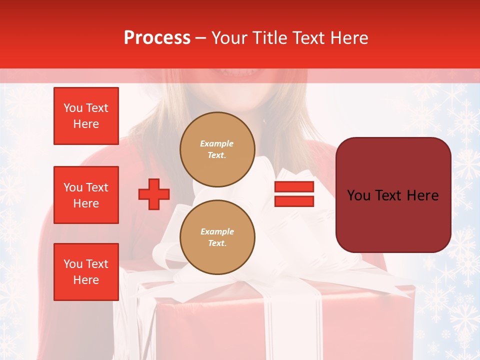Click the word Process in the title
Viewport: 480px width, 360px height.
click(x=157, y=38)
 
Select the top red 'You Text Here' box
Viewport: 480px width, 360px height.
click(x=86, y=116)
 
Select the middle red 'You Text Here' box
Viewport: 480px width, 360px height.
click(x=86, y=195)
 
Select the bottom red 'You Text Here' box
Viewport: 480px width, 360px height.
click(x=86, y=271)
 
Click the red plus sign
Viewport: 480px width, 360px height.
click(x=154, y=193)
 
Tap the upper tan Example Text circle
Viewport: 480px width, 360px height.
click(x=217, y=149)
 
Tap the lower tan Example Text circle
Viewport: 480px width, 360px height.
click(x=217, y=237)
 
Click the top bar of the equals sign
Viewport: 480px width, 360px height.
click(x=294, y=186)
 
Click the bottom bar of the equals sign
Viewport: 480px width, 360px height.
click(x=294, y=201)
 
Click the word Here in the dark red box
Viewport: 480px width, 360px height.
click(x=422, y=195)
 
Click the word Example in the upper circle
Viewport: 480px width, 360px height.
click(x=217, y=143)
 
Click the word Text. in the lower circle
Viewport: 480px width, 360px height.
click(x=217, y=243)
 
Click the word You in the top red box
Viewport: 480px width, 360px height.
click(x=73, y=108)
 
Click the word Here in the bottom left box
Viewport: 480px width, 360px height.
click(x=86, y=280)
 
